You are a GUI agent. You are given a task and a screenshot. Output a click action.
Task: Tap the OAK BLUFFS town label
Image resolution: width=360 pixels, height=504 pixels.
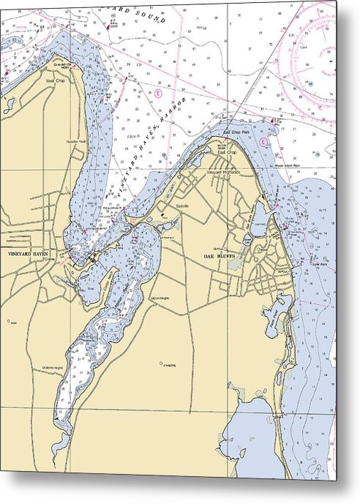click(x=218, y=256)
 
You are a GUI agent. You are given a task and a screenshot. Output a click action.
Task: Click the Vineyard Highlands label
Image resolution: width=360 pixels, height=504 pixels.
click(x=224, y=170)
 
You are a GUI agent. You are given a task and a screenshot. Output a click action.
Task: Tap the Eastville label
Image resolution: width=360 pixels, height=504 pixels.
click(x=183, y=207)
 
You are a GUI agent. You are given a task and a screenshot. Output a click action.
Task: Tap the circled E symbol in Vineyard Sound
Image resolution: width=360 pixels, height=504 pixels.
click(x=157, y=93)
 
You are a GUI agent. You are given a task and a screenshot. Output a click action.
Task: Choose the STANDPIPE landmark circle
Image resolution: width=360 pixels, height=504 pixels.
click(x=160, y=362)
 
